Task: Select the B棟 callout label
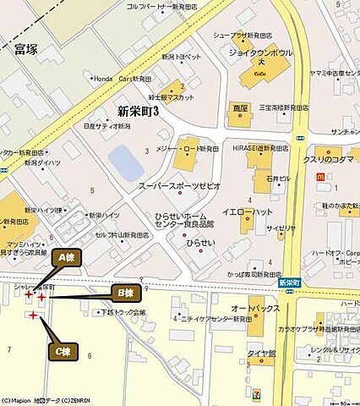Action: tap(126, 293)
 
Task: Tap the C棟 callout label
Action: tap(62, 349)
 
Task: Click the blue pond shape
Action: tap(127, 162)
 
